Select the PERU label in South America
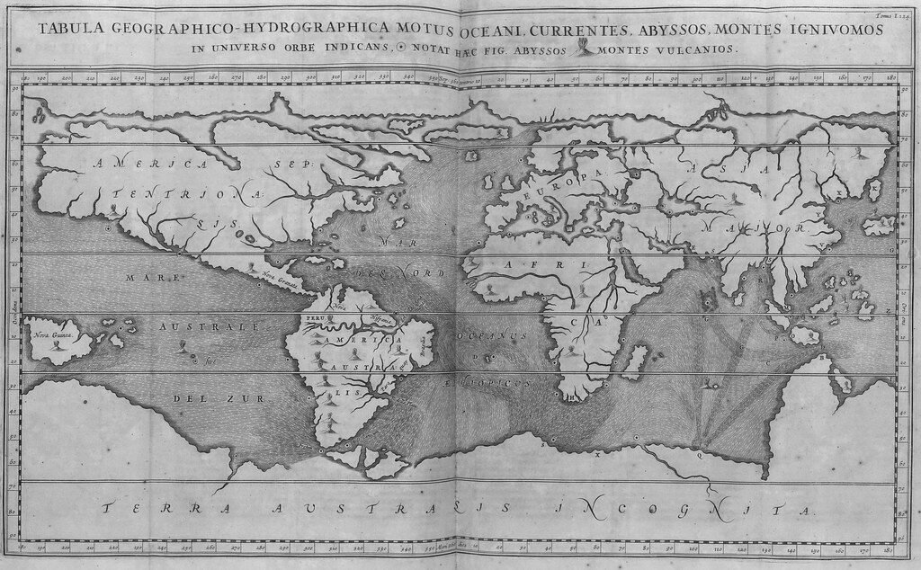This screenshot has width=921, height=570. [x=315, y=319]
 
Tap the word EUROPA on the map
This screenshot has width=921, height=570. [x=561, y=181]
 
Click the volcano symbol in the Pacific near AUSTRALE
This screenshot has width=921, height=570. [x=183, y=346]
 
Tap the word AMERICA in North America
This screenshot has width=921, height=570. [x=153, y=165]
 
